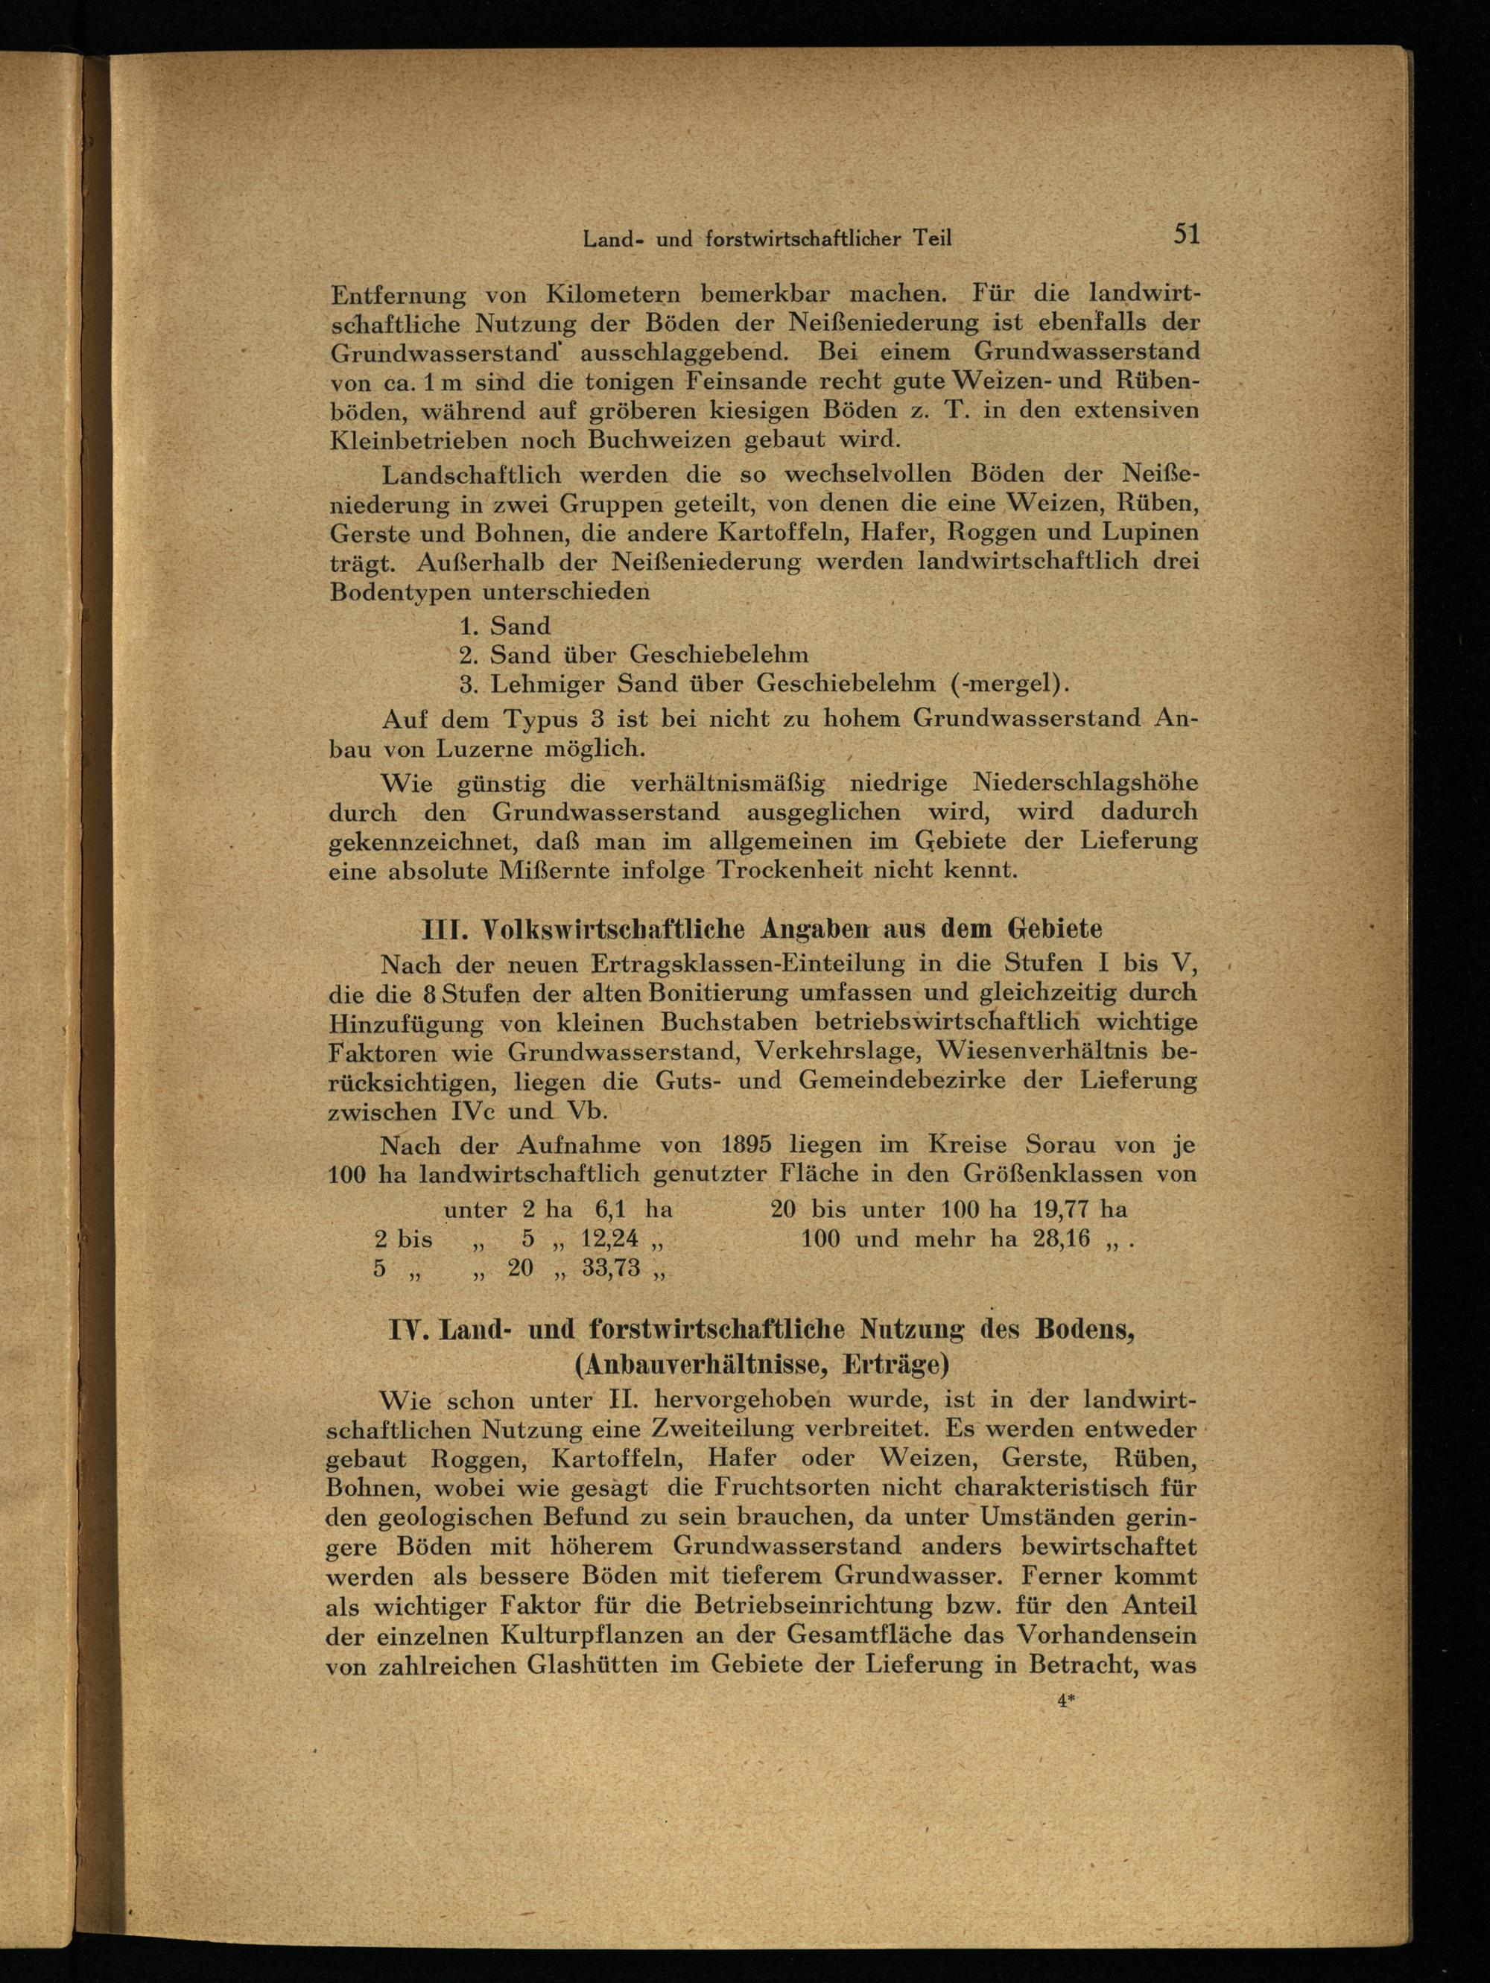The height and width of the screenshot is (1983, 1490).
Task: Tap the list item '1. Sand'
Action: coord(504,625)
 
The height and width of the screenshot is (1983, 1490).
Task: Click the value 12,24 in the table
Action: coord(609,1239)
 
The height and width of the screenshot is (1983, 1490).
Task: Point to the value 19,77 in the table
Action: coord(1065,1209)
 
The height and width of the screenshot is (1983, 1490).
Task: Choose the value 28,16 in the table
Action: coord(1065,1239)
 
